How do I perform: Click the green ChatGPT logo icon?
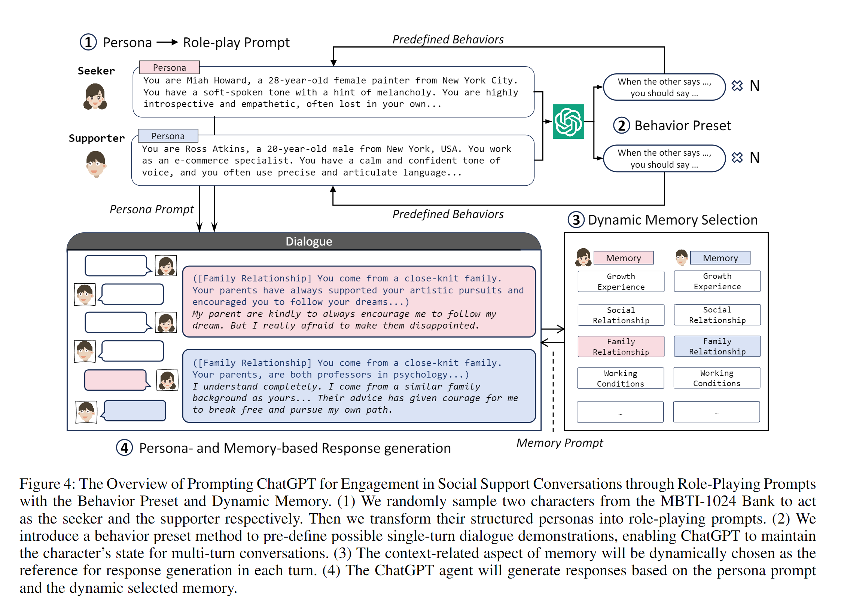tap(568, 121)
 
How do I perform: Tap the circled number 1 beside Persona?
tap(88, 42)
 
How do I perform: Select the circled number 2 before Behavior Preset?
tap(622, 125)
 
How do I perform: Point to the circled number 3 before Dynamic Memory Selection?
tap(576, 220)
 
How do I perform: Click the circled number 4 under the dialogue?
tap(125, 448)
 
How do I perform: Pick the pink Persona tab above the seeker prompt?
tap(170, 67)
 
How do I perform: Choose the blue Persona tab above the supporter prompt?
tap(168, 136)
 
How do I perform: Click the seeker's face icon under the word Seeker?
tap(95, 97)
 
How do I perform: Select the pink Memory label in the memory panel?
tap(624, 258)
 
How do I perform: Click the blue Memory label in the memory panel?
tap(720, 258)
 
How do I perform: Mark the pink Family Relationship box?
tap(621, 347)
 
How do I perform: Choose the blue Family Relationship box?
tap(717, 346)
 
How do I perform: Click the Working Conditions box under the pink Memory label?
tap(621, 378)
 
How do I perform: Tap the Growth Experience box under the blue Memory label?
tap(717, 281)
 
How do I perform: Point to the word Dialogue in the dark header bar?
tap(309, 241)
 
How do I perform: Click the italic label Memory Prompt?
tap(560, 443)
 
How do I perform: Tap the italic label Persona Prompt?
tap(152, 210)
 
